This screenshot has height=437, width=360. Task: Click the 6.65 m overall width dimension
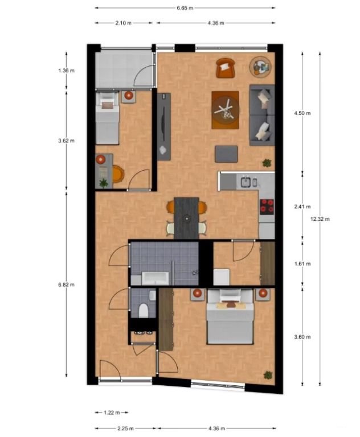pyautogui.click(x=184, y=8)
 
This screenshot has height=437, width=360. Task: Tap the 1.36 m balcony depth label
pyautogui.click(x=66, y=71)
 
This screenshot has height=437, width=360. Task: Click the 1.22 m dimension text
pyautogui.click(x=112, y=412)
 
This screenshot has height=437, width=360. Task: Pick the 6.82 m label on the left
pyautogui.click(x=66, y=285)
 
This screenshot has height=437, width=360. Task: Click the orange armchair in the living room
pyautogui.click(x=226, y=68)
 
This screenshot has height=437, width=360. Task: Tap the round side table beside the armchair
pyautogui.click(x=261, y=67)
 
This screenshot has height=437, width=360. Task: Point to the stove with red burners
pyautogui.click(x=267, y=207)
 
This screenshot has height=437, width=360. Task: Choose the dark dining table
pyautogui.click(x=186, y=218)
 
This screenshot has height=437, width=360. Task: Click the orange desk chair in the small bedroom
pyautogui.click(x=118, y=173)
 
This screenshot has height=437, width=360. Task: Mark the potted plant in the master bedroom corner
pyautogui.click(x=268, y=375)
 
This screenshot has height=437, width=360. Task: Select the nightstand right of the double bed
pyautogui.click(x=263, y=294)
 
